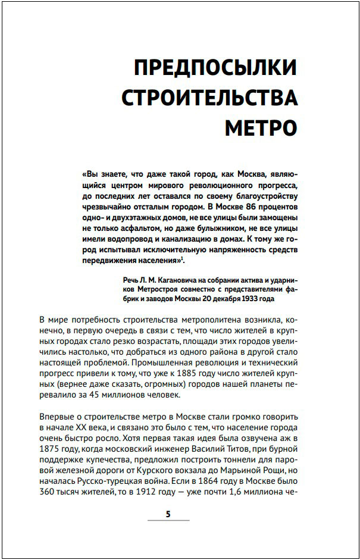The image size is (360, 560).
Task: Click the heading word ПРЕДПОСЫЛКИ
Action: click(x=216, y=67)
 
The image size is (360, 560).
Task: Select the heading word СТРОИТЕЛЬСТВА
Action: click(x=209, y=98)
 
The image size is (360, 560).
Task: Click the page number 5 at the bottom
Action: click(x=168, y=514)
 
